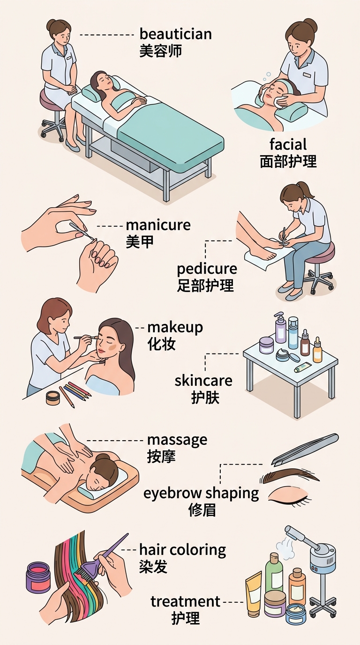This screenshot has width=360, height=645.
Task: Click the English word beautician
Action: pyautogui.click(x=176, y=34)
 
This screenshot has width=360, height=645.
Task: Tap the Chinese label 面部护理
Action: pyautogui.click(x=288, y=161)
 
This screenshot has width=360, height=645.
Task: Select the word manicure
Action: pyautogui.click(x=158, y=225)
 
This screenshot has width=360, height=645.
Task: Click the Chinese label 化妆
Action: pyautogui.click(x=161, y=344)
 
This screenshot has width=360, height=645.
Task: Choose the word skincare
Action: pyautogui.click(x=203, y=380)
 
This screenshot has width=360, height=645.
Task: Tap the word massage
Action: pyautogui.click(x=177, y=441)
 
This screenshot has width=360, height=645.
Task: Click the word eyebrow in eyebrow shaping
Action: pyautogui.click(x=172, y=493)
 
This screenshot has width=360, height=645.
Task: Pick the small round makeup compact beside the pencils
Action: pyautogui.click(x=52, y=397)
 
